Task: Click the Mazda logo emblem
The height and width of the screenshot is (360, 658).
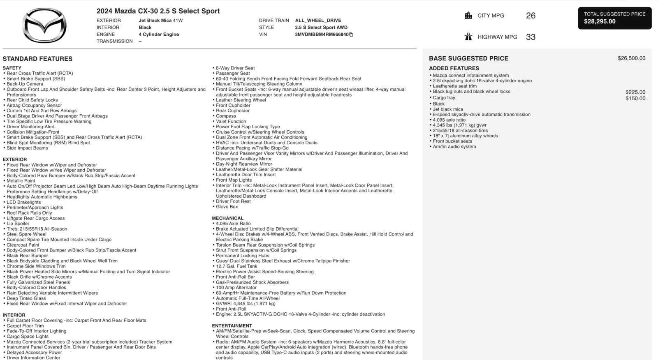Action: point(44,26)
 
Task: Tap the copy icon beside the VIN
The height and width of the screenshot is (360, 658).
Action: point(351,35)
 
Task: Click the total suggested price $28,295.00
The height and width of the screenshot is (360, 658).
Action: point(600,21)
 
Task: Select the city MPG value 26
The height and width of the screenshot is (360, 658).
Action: point(531,16)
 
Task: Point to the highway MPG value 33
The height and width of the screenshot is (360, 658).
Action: point(531,37)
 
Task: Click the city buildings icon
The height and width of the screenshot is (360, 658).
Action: point(468,16)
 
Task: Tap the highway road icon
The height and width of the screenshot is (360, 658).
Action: point(468,37)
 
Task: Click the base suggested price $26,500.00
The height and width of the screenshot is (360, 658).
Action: point(631,58)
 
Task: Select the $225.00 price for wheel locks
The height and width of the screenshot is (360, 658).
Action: point(635,92)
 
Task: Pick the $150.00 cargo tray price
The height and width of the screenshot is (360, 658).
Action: point(635,98)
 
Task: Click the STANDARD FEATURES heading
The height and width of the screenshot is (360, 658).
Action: point(37,59)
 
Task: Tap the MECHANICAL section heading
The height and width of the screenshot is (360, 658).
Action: point(227,218)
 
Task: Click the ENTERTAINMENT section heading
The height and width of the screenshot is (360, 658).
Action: point(232,325)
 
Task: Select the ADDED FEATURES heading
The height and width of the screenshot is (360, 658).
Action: point(454,68)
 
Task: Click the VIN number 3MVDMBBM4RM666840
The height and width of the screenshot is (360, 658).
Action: point(321,35)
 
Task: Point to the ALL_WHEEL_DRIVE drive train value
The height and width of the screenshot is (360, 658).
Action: point(318,21)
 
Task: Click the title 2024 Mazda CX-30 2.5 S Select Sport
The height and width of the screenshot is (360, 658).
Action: point(158,11)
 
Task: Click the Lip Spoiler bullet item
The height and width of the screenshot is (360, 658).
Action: point(18,224)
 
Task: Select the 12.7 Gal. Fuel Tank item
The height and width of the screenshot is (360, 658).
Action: point(236,266)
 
